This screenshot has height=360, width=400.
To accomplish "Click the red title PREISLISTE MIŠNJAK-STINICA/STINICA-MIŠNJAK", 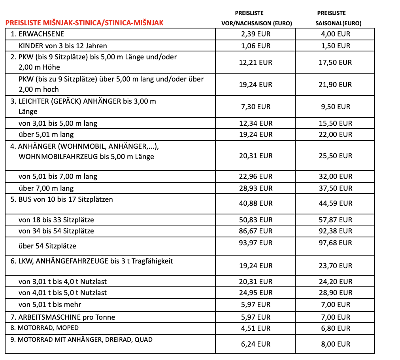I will click(84, 23).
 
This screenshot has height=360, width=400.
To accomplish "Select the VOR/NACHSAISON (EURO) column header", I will click(256, 23).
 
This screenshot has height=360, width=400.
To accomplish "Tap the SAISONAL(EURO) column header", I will click(339, 23).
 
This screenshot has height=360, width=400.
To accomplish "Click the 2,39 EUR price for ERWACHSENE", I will click(256, 34).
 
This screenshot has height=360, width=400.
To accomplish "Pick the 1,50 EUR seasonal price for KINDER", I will click(335, 46).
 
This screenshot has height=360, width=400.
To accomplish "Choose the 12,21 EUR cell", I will click(256, 62).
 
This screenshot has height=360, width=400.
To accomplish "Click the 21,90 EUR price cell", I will click(335, 84).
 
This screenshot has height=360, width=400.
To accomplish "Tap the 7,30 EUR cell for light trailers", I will click(256, 106).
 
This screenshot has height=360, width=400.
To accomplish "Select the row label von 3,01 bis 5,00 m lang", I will click(58, 123).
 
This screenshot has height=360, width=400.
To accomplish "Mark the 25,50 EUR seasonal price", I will click(335, 156).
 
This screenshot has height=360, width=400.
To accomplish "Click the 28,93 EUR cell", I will click(256, 188).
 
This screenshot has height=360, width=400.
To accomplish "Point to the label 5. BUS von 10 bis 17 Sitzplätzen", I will click(62, 199).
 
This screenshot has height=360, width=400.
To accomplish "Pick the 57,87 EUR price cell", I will click(335, 220).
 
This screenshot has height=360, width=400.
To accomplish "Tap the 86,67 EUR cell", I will click(256, 231).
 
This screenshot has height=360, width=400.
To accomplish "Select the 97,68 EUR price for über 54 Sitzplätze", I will click(335, 243).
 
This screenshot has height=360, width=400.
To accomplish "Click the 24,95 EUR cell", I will click(256, 293).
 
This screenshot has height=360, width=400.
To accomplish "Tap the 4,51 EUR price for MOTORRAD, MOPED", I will click(256, 328).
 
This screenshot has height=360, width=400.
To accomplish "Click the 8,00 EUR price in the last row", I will click(335, 344).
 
